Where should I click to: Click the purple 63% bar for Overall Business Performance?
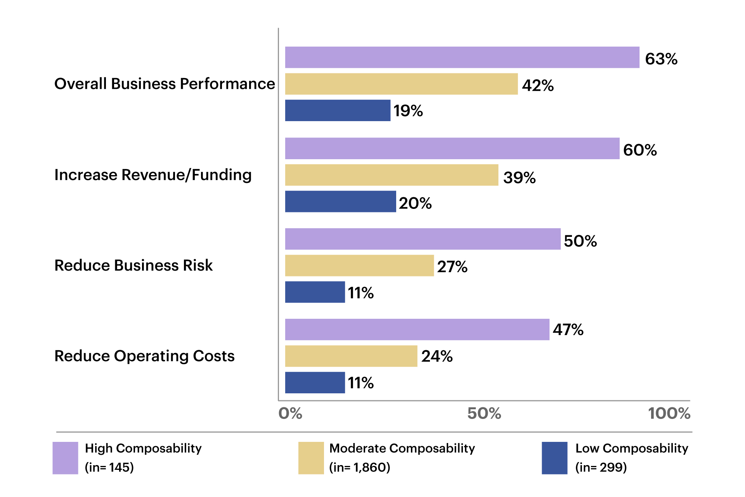click(x=462, y=57)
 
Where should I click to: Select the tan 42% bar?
click(x=401, y=84)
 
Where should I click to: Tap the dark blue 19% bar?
click(x=338, y=110)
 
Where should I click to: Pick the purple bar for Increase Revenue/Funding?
click(x=452, y=148)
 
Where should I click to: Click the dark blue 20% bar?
click(x=340, y=202)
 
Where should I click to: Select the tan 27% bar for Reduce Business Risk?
click(x=359, y=266)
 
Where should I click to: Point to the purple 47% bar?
click(x=417, y=330)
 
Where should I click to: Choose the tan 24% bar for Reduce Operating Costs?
click(x=351, y=356)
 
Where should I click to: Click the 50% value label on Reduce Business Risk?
click(x=580, y=241)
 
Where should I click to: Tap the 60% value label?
click(x=640, y=150)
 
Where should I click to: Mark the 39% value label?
click(x=519, y=178)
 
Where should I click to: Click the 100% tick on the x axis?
click(x=669, y=414)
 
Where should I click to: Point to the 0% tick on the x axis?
click(x=290, y=414)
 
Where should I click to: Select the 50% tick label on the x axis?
click(x=484, y=414)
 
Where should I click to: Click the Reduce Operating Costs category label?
click(x=144, y=356)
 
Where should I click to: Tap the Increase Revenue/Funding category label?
click(x=153, y=175)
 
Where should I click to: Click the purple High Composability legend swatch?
click(x=65, y=458)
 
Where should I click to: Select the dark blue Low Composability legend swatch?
click(x=554, y=458)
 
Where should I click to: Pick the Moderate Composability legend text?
click(x=402, y=448)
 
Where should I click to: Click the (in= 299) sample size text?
click(x=601, y=467)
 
